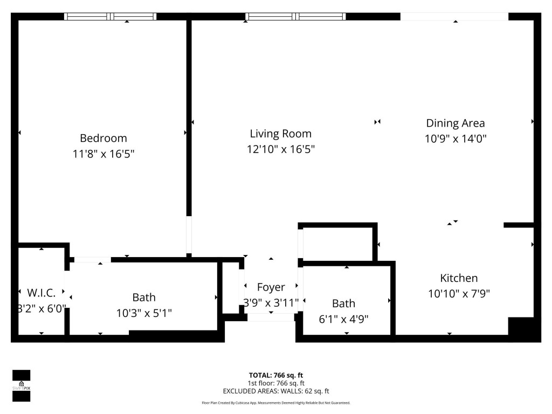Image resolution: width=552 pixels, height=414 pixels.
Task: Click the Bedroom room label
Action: (103, 138)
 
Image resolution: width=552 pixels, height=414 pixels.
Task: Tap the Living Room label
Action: (280, 134)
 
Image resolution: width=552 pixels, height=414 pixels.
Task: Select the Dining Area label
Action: (456, 123)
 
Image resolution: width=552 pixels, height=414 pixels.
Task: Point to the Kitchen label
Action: (459, 278)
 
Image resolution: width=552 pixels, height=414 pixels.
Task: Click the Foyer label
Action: (271, 287)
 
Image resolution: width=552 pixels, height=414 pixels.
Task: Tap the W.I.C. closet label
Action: (42, 293)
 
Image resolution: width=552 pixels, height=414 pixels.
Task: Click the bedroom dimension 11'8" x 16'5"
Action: (103, 154)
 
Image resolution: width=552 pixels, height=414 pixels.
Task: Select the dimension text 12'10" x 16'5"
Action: (280, 149)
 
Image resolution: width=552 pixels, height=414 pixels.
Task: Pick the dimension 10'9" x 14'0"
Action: (456, 139)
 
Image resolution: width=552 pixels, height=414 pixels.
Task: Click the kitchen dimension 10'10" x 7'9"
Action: (459, 294)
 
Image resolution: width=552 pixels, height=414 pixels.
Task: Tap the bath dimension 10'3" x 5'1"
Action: (144, 313)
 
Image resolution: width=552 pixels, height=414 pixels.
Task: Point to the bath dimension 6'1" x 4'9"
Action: (343, 319)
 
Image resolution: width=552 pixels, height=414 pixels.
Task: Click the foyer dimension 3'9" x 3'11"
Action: (271, 303)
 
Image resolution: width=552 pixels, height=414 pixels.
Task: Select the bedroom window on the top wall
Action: (111, 17)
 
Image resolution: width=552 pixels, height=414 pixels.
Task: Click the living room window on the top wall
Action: (295, 17)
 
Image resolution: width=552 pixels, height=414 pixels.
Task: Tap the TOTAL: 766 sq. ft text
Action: (275, 375)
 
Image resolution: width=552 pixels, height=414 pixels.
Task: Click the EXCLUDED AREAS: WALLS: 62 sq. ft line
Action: (275, 391)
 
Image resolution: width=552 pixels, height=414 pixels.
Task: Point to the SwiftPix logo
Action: (21, 385)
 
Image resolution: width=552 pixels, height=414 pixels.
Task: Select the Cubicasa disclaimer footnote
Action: (275, 403)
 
